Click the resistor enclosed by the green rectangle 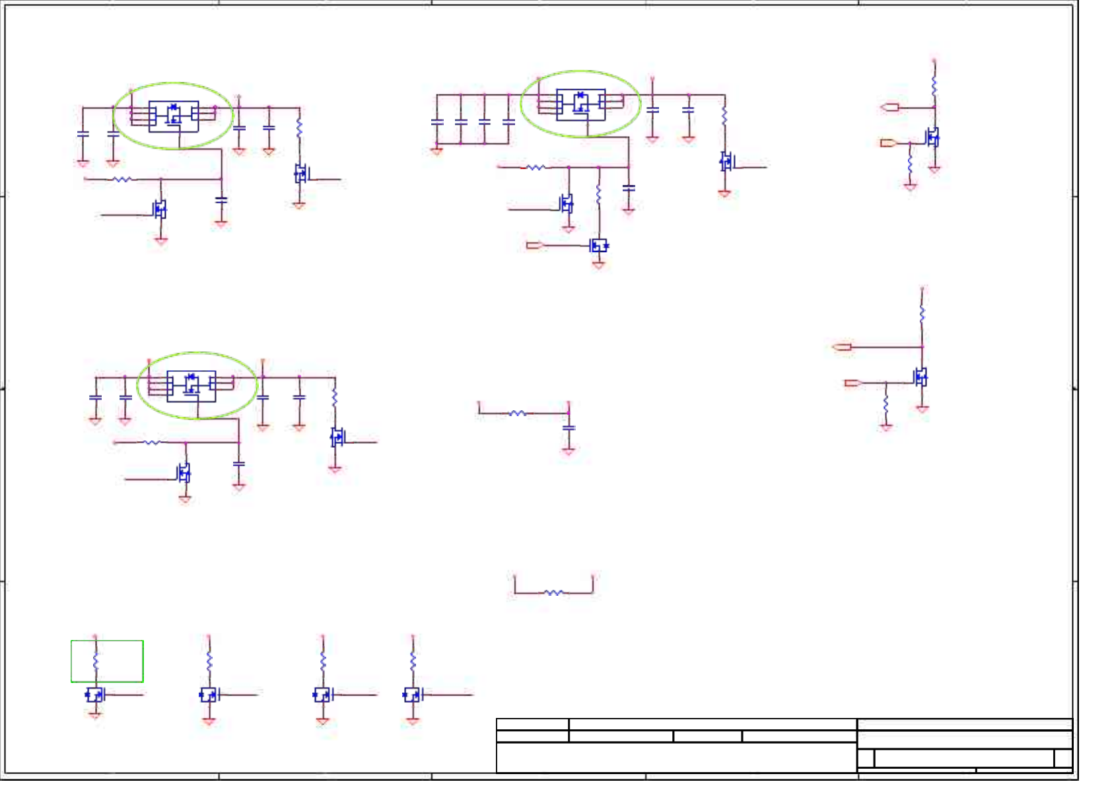click(96, 661)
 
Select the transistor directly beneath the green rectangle click(95, 695)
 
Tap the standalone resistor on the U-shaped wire click(553, 592)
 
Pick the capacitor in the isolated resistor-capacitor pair click(569, 428)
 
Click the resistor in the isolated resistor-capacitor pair click(518, 413)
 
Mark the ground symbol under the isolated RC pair click(569, 451)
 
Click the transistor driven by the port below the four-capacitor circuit click(599, 246)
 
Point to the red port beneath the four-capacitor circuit click(534, 246)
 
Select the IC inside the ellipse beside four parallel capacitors click(580, 104)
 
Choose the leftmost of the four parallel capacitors click(437, 122)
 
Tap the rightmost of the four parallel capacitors click(508, 122)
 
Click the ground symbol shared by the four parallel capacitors click(436, 151)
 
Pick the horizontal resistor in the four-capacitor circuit click(536, 168)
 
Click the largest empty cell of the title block click(676, 757)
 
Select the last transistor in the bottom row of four click(412, 695)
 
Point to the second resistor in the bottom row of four click(209, 661)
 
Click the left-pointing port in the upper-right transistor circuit click(890, 107)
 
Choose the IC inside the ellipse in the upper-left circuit click(174, 116)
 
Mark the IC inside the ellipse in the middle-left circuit click(191, 386)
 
